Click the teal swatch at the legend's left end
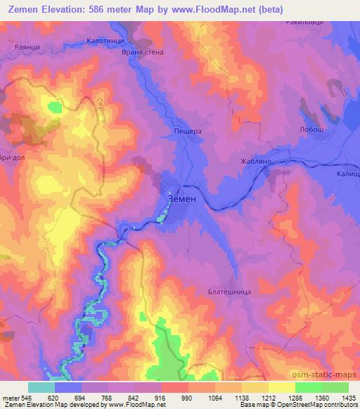(41, 387)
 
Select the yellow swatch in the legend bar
(281, 387)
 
